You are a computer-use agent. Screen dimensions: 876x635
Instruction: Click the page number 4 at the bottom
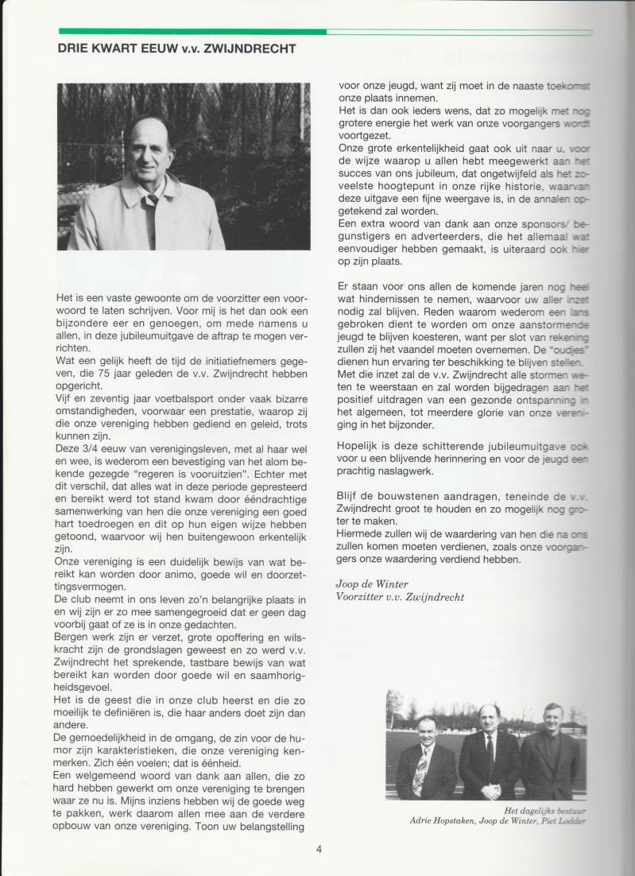318,848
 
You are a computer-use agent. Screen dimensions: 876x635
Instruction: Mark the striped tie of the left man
418,774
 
